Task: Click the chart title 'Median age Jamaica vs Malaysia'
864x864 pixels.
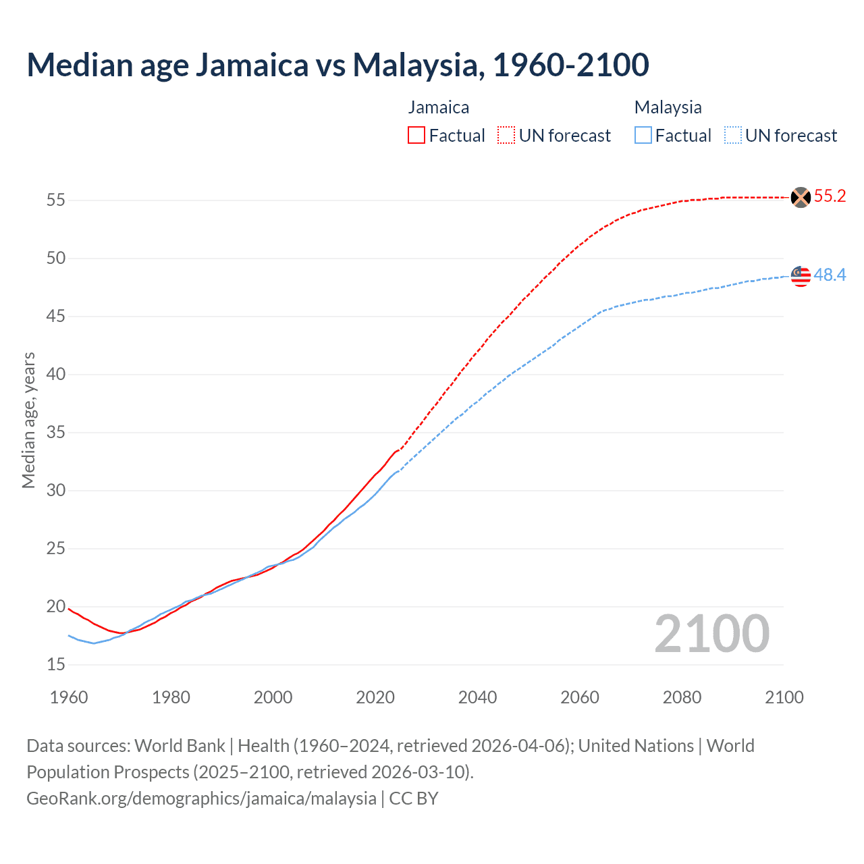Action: click(337, 65)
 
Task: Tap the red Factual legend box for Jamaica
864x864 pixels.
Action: click(416, 136)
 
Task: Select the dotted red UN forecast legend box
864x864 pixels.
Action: click(506, 136)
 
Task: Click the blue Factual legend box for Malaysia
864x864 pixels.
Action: click(643, 136)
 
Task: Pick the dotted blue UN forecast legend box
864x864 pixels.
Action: click(733, 136)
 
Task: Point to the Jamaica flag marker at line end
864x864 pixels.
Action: click(801, 197)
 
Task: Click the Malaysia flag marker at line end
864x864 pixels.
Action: click(801, 275)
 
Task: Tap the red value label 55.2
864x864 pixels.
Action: click(830, 196)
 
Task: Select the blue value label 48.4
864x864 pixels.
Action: click(830, 275)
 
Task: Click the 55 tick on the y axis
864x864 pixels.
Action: click(56, 200)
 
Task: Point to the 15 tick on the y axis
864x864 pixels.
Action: click(56, 665)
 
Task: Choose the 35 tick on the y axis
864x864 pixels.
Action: click(56, 433)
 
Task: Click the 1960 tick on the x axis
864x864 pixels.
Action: click(69, 697)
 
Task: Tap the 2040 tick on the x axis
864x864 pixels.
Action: click(477, 697)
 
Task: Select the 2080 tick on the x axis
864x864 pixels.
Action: click(682, 697)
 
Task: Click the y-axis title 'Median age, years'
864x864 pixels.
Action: click(28, 420)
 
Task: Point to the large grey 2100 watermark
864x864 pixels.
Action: click(711, 634)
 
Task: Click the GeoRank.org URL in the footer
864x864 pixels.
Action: click(201, 799)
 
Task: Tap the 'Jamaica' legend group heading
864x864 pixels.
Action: click(439, 107)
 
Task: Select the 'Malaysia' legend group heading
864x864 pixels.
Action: click(668, 107)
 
